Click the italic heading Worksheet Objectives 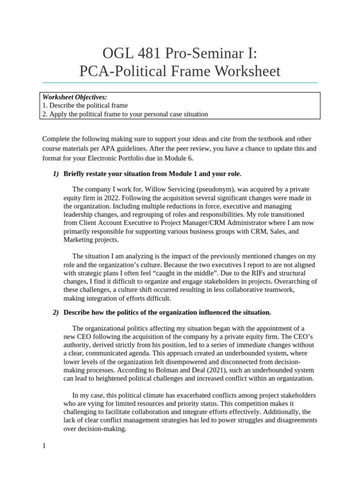pos(75,97)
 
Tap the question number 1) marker pos(56,174)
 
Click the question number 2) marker pos(56,312)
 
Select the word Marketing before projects pos(79,240)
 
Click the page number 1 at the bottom pos(44,446)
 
